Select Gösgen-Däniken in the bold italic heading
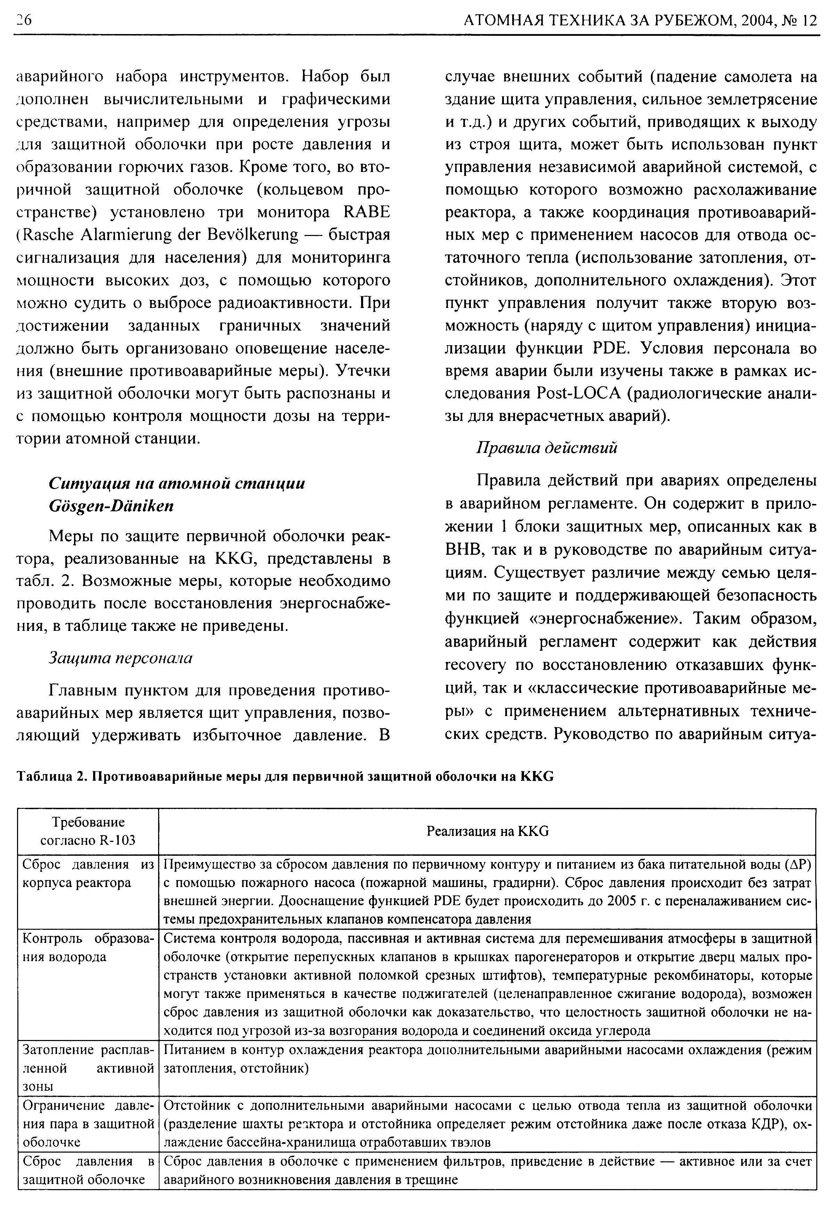(111, 506)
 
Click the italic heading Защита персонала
(120, 658)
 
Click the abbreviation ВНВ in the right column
(463, 550)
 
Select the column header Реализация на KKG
(488, 831)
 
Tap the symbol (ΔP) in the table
(800, 865)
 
